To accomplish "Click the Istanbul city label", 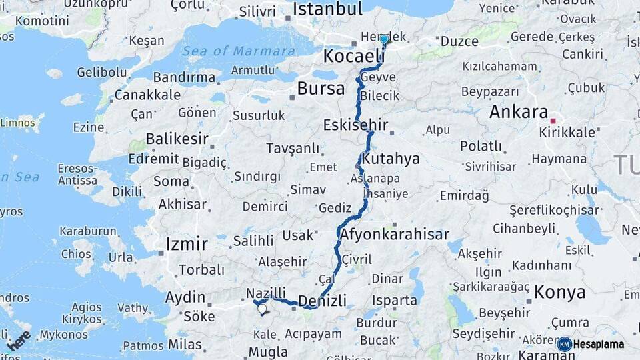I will (x=327, y=9).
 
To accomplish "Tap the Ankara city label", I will (x=518, y=112).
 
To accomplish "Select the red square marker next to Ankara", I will (x=553, y=121).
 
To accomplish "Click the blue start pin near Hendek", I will (x=384, y=39).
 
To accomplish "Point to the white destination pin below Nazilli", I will (x=262, y=309).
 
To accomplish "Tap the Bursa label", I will (x=321, y=88).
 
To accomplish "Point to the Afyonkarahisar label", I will (x=394, y=235).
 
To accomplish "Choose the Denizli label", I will (x=323, y=301).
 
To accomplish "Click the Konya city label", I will (x=560, y=292).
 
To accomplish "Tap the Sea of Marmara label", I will (x=239, y=51).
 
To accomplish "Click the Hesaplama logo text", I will (x=598, y=344).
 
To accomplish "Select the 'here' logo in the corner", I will (x=19, y=340).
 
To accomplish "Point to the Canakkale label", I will (x=147, y=95).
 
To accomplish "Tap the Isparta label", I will (x=394, y=300).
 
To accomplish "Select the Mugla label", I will (x=267, y=351).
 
